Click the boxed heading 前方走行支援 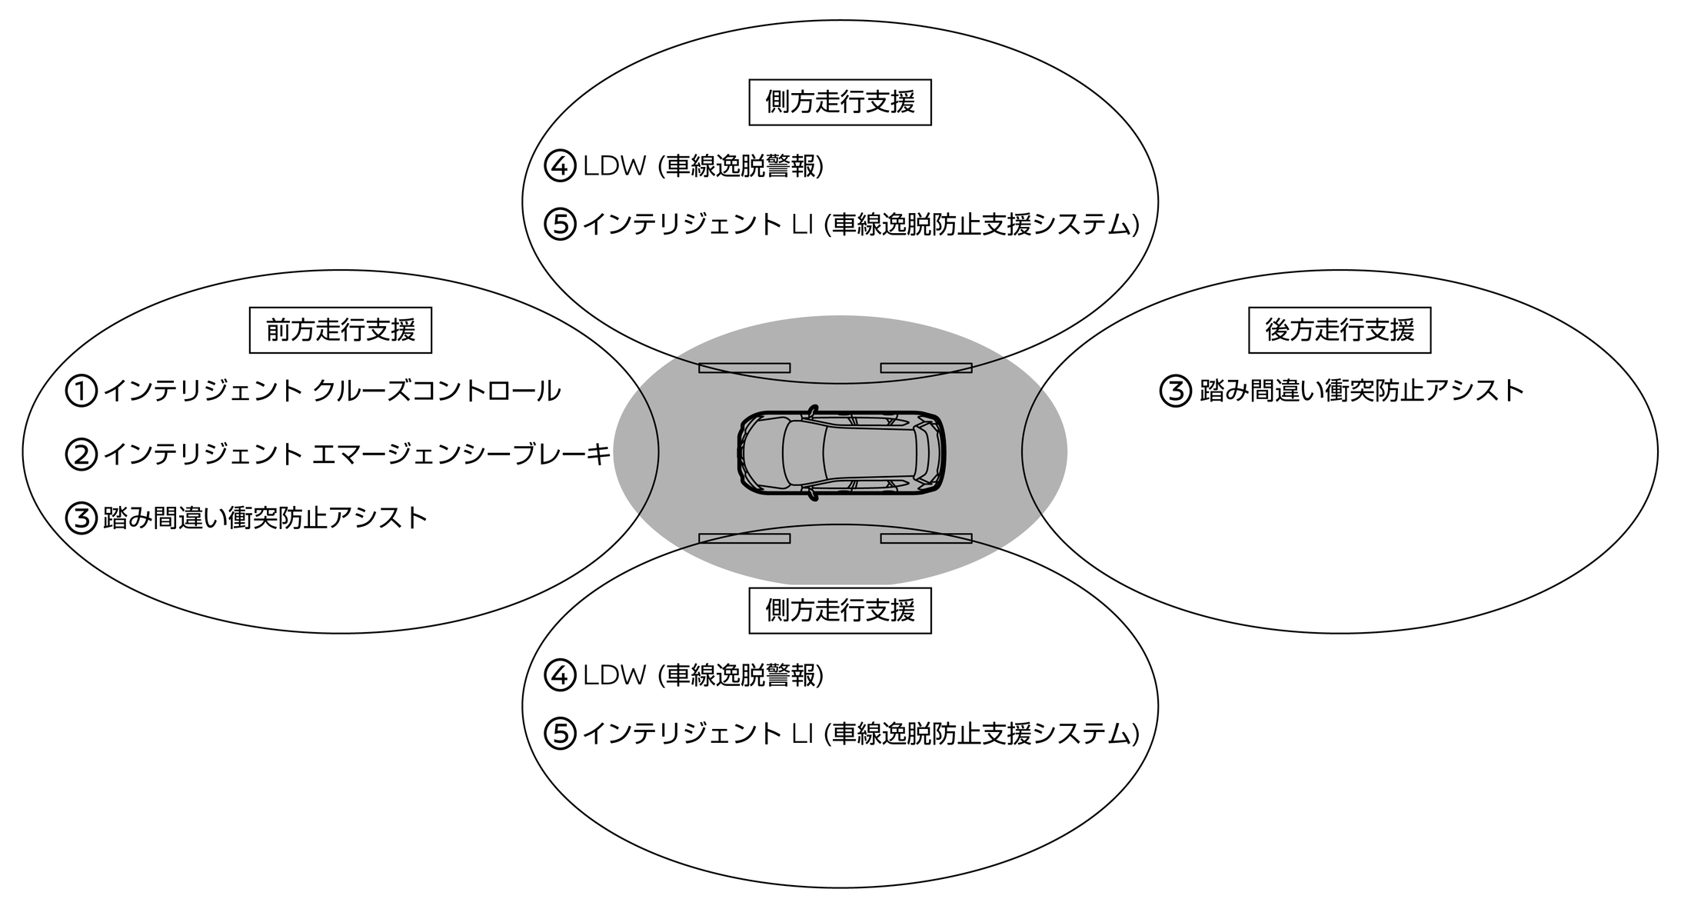341,331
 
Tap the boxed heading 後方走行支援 1340,331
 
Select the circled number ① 81,391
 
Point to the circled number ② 81,454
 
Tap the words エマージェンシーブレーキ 461,454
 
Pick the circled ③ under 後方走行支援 1175,391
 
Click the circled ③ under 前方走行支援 81,518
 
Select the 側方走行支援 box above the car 840,102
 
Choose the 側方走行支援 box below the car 840,611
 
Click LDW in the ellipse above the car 614,166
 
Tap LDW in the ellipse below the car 614,675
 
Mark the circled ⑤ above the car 560,225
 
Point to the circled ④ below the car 560,675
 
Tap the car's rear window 922,453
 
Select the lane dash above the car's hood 744,368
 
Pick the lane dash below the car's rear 926,538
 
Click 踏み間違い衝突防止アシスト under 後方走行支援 1362,391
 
